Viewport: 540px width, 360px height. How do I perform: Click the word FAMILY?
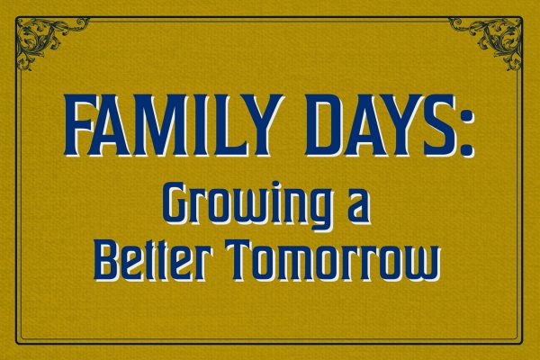pos(175,124)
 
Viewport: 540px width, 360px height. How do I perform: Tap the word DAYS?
pos(382,124)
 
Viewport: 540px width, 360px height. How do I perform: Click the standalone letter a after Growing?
pos(359,210)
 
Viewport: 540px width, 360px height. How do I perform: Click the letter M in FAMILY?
pos(157,124)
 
